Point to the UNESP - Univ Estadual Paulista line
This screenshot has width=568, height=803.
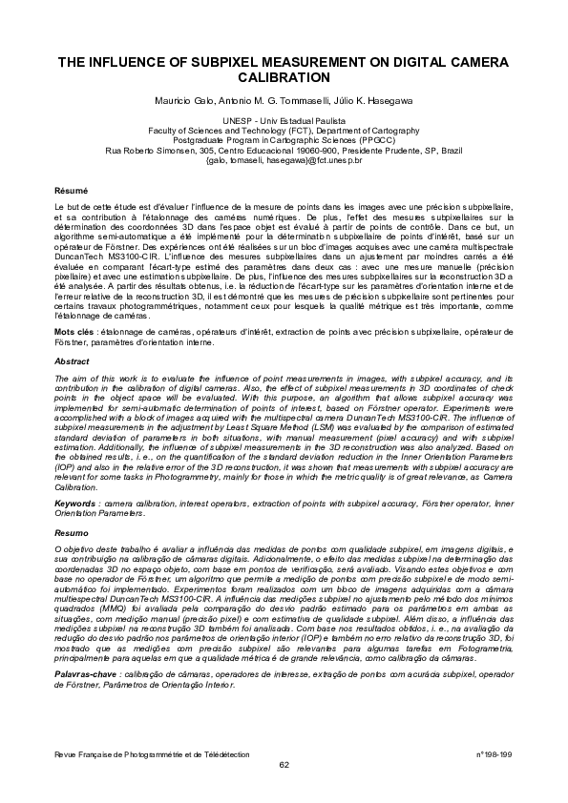[284, 121]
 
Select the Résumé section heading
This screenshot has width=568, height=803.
[72, 192]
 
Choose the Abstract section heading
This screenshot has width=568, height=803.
[73, 362]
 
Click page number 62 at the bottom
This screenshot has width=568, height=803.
[284, 764]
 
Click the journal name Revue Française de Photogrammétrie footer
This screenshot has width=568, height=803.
[152, 754]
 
